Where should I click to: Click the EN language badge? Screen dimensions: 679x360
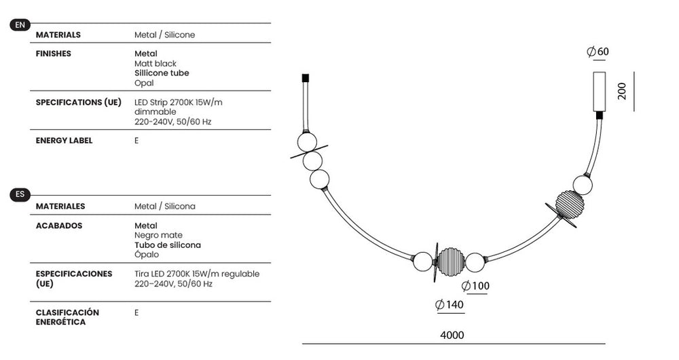click(20, 24)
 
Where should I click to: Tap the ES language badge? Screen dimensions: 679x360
click(20, 194)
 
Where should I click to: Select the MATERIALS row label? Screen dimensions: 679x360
click(58, 35)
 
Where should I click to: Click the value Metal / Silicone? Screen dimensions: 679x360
click(164, 35)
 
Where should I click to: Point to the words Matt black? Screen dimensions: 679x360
click(155, 63)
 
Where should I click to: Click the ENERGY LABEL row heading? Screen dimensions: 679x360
click(64, 141)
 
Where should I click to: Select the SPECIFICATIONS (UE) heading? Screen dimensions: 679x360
click(78, 103)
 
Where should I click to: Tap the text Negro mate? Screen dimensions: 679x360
click(158, 235)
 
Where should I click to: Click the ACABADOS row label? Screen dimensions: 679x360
click(59, 226)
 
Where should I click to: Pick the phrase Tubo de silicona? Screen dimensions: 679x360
click(168, 245)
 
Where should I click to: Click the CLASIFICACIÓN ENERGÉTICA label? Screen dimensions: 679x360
click(67, 317)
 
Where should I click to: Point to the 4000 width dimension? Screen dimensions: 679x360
click(452, 335)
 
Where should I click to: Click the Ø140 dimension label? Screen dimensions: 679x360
click(449, 304)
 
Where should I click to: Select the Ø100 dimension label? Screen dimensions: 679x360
click(475, 286)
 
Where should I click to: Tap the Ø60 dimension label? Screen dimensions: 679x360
click(598, 52)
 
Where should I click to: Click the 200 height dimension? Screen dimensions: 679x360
click(622, 91)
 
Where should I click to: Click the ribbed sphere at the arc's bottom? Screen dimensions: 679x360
click(451, 262)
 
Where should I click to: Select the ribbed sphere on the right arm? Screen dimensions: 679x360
click(570, 204)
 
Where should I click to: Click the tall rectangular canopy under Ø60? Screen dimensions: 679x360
click(600, 92)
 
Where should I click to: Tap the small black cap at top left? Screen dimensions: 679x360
click(306, 78)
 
